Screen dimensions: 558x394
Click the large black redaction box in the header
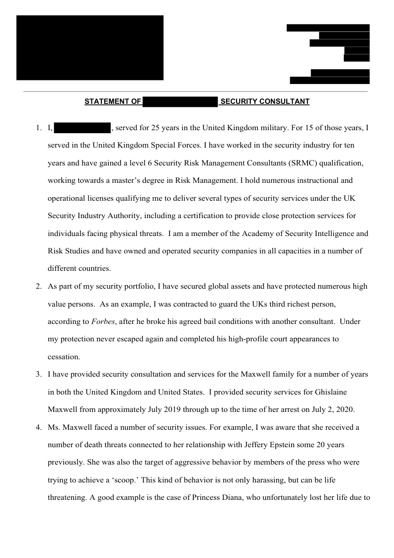click(90, 48)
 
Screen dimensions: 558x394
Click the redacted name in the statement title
click(180, 102)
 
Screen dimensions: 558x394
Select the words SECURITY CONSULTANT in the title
click(265, 102)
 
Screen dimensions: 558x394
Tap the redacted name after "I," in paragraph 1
click(82, 128)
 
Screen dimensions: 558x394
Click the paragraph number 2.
click(38, 286)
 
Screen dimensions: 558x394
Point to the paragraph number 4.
click(38, 427)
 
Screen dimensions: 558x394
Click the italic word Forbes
click(103, 321)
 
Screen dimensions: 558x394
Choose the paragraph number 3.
click(38, 374)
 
